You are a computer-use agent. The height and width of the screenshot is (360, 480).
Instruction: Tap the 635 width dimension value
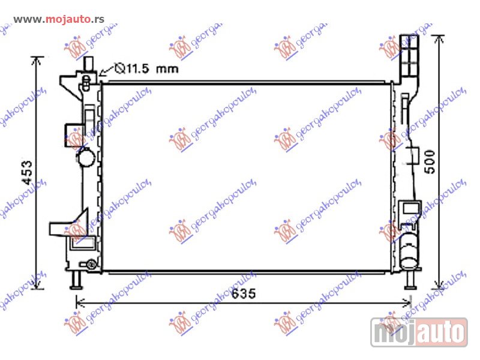click(x=242, y=293)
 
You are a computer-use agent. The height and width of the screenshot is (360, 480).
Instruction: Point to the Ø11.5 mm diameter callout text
click(x=147, y=68)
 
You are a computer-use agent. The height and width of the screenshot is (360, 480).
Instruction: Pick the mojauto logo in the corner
click(x=419, y=332)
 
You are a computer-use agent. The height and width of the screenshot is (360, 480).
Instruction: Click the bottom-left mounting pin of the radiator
click(x=76, y=280)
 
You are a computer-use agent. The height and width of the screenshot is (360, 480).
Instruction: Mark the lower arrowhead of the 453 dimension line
click(x=38, y=286)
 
